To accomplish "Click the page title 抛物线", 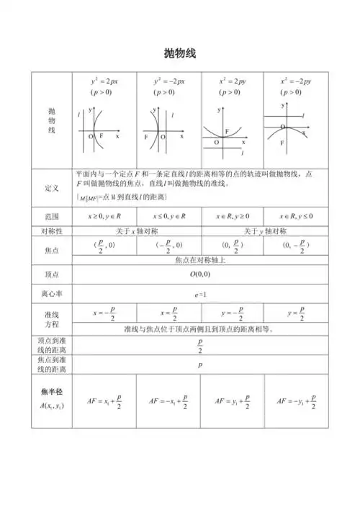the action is [x=180, y=54].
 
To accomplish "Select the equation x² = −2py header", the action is [x=295, y=81].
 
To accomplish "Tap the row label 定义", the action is [x=51, y=188].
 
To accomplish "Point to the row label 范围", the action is [x=51, y=216].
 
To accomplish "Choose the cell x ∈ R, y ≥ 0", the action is [x=233, y=216].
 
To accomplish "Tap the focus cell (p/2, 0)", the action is [x=104, y=246].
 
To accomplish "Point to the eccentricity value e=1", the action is [x=200, y=295].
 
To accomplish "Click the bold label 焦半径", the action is [x=51, y=392].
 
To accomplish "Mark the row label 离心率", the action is [x=51, y=295].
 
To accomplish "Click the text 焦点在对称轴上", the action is [x=200, y=260].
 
